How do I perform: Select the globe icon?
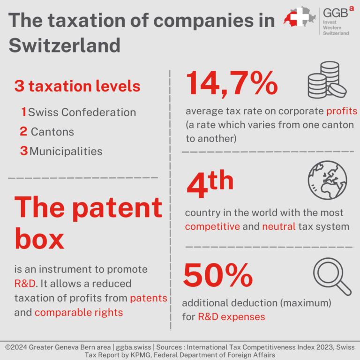click(327, 181)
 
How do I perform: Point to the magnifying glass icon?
click(331, 277)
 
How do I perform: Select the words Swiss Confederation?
click(82, 112)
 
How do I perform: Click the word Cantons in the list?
click(52, 132)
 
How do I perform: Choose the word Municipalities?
click(66, 151)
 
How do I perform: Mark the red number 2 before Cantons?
click(23, 132)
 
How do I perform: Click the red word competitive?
click(212, 227)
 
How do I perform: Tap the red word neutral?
click(279, 227)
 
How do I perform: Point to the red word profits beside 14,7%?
click(342, 112)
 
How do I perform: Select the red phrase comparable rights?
click(79, 313)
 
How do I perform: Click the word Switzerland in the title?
click(65, 45)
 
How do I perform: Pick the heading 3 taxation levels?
click(77, 86)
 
